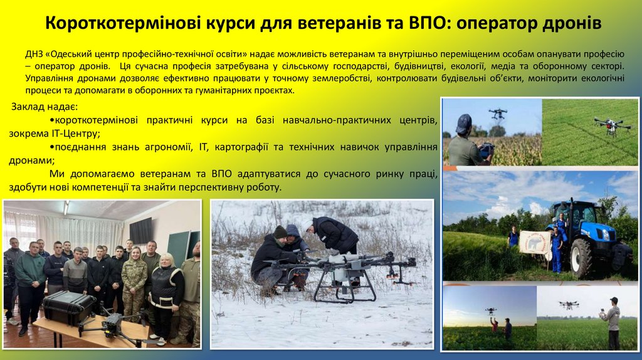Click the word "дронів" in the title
(x=570, y=24)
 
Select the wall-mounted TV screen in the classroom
(x=140, y=230)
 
